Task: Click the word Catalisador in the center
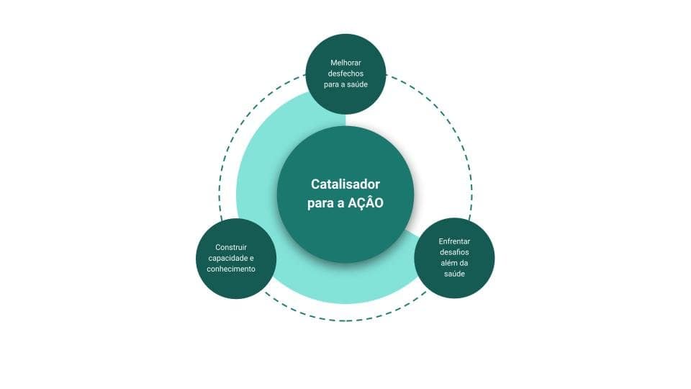[345, 184]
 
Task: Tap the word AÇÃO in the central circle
[366, 203]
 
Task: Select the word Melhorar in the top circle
[345, 62]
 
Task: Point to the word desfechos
[345, 73]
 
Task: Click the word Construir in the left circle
[226, 247]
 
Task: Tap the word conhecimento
[226, 269]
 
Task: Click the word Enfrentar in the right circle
[454, 241]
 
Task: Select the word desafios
[454, 252]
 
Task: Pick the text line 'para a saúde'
[345, 85]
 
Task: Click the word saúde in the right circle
[454, 274]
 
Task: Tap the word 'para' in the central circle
[320, 204]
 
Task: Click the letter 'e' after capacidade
[252, 258]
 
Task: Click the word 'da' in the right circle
[464, 263]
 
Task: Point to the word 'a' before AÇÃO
[341, 204]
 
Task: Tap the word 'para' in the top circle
[332, 85]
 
